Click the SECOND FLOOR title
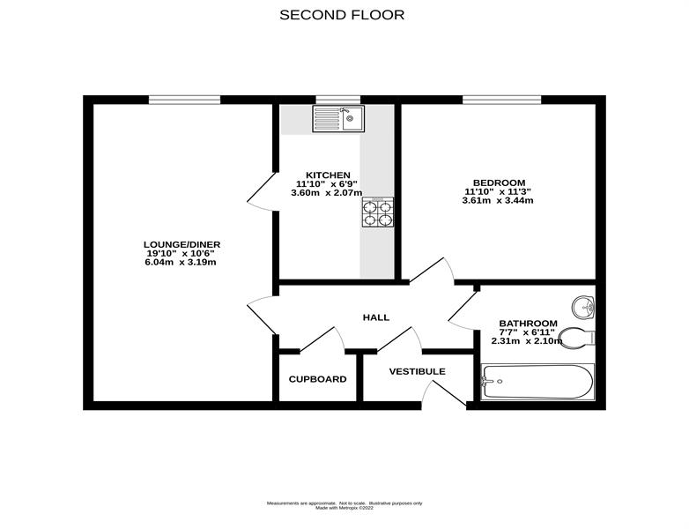pos(342,15)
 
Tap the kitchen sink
pos(338,119)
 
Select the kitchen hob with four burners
pos(378,212)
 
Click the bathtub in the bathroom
pos(537,382)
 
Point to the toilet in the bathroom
pos(577,339)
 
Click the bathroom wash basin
pos(583,306)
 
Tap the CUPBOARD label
pos(318,379)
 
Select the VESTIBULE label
pos(417,371)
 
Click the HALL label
pos(376,317)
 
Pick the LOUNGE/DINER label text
pos(182,245)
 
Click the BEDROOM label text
pos(499,183)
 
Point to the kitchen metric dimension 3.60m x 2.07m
pos(327,192)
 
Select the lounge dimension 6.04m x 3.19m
pos(181,263)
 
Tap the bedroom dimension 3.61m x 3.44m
pos(498,200)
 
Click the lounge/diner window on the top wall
pos(184,100)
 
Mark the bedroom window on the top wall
pos(502,100)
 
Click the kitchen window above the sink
pos(338,100)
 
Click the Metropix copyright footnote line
pos(344,508)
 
